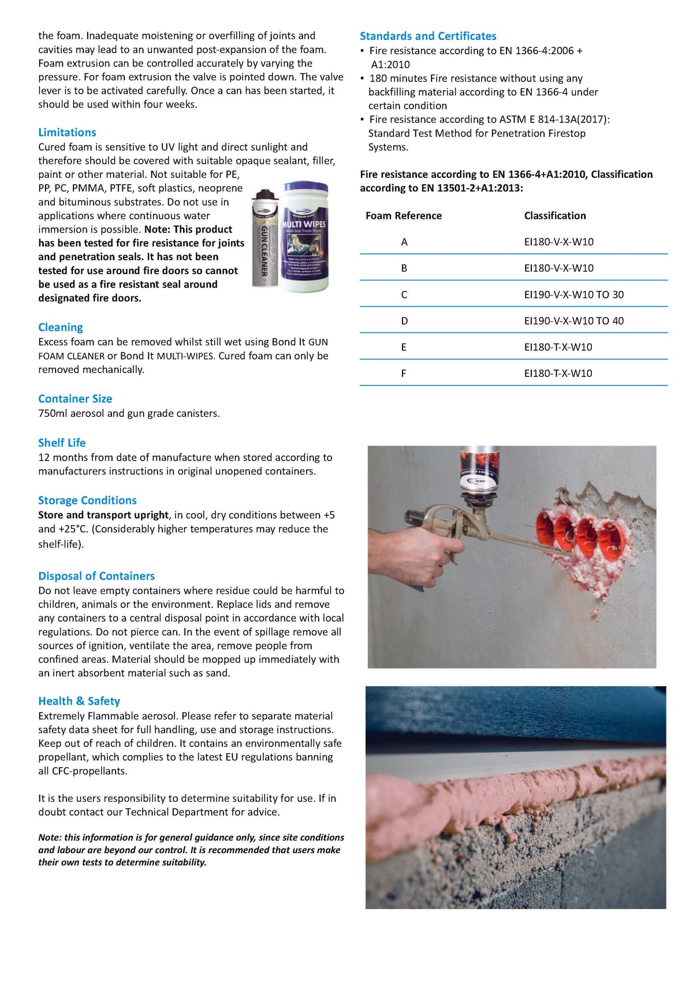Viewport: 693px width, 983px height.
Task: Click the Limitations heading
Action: [67, 132]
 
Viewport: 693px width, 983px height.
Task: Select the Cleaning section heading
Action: [61, 327]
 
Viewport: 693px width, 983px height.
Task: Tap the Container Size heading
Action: [75, 399]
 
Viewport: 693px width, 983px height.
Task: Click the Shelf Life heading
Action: [62, 443]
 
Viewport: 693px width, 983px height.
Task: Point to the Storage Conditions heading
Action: [87, 500]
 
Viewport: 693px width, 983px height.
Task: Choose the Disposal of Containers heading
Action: [96, 576]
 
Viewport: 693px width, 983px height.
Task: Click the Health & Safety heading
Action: [79, 701]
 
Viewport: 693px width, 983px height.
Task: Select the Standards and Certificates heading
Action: [428, 36]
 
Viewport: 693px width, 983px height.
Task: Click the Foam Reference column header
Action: [404, 216]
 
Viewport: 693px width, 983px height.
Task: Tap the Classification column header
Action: [555, 216]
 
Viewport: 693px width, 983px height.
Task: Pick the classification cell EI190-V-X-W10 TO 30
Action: [573, 295]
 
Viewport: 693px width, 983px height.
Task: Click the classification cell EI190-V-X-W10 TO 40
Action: [573, 321]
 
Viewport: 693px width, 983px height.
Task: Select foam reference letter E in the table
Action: [404, 347]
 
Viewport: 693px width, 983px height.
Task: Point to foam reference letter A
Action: [404, 242]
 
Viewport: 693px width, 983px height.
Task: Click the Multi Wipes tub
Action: [304, 237]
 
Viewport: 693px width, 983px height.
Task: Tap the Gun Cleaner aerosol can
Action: [264, 240]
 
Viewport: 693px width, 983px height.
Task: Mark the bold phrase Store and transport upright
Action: [103, 515]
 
